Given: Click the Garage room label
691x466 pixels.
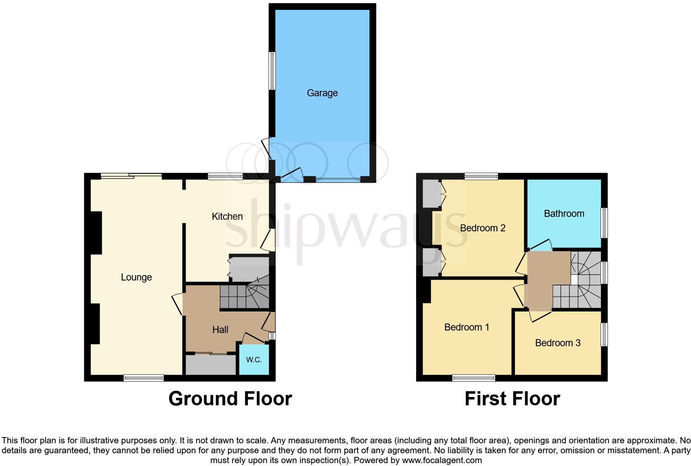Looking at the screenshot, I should pos(322,93).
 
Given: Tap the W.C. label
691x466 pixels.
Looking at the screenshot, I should pos(254,359).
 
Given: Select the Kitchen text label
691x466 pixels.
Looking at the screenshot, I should pos(227,216).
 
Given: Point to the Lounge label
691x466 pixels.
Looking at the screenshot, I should pos(136,277).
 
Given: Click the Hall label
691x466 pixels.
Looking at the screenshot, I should pos(220,330).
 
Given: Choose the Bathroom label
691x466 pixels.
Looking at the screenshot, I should pos(564,214).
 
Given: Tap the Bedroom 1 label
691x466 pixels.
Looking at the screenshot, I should pos(466,327).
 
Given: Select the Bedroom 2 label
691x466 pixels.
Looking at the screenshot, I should pos(482,228).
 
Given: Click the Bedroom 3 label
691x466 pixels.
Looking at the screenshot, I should pos(558,343).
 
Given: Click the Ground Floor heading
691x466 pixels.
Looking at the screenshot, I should pos(230,399).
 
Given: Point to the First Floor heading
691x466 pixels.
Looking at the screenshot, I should pos(512,399).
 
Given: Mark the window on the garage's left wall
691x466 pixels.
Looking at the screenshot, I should pos(272,71).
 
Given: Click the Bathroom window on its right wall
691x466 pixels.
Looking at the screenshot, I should pos(604,223).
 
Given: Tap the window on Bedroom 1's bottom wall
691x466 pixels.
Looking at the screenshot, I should pos(474,378).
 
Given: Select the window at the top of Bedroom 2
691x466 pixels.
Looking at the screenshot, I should pos(481,176).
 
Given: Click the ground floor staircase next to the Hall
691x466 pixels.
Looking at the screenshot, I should pos(244,296).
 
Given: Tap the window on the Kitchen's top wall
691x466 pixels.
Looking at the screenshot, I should pos(225,176).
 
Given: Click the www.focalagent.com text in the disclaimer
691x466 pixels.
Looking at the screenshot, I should pos(441,460).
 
